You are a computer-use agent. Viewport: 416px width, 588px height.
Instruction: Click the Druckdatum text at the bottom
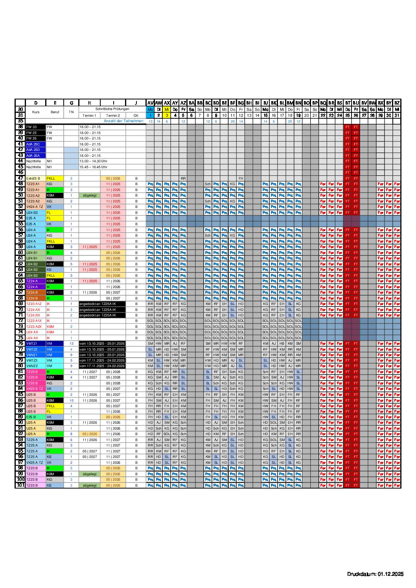coord(375,574)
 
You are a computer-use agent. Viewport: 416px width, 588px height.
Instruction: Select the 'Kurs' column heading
coord(36,112)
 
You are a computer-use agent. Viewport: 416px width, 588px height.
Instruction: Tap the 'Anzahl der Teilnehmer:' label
coord(123,121)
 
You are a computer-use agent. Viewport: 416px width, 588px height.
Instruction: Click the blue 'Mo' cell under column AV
coord(150,109)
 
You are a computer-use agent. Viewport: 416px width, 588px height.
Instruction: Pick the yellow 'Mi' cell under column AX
coord(167,109)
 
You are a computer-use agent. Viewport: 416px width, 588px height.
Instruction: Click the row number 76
coord(20,344)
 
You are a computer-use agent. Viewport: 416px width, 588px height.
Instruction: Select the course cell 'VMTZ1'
coord(35,344)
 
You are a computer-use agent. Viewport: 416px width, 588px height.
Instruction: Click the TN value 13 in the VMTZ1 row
coord(72,344)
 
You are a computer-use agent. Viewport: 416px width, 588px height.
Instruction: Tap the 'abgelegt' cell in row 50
coord(90,195)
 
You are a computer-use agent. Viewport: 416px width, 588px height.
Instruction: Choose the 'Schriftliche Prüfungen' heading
coord(112,109)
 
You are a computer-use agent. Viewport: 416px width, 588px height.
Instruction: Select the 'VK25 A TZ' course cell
coord(35,463)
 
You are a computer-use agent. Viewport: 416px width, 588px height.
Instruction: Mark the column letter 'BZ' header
coord(397,103)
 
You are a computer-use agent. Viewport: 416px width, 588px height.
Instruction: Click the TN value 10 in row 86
coord(72,401)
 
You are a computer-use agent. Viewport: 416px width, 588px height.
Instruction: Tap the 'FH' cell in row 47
coord(241,178)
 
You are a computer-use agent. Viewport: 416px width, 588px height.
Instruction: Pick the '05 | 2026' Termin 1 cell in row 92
coord(90,434)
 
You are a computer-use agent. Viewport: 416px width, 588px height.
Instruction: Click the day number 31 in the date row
coord(397,115)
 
